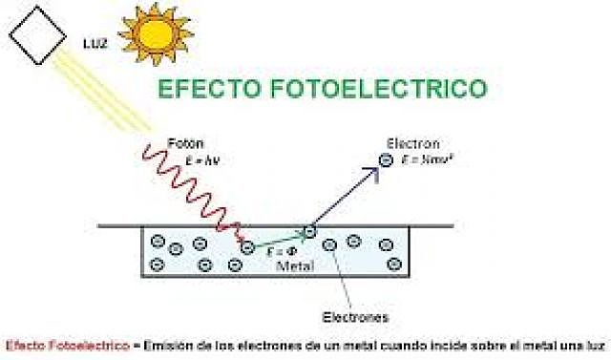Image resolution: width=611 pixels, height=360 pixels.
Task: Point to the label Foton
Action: pos(181,142)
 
